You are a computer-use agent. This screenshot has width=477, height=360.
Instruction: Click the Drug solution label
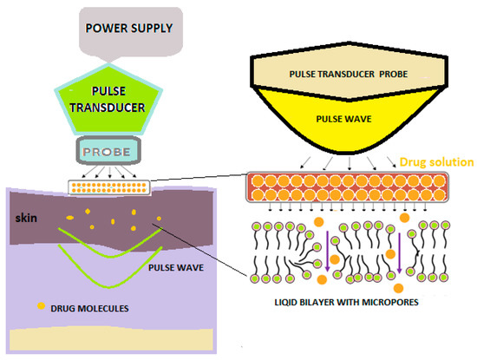click(x=431, y=161)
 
